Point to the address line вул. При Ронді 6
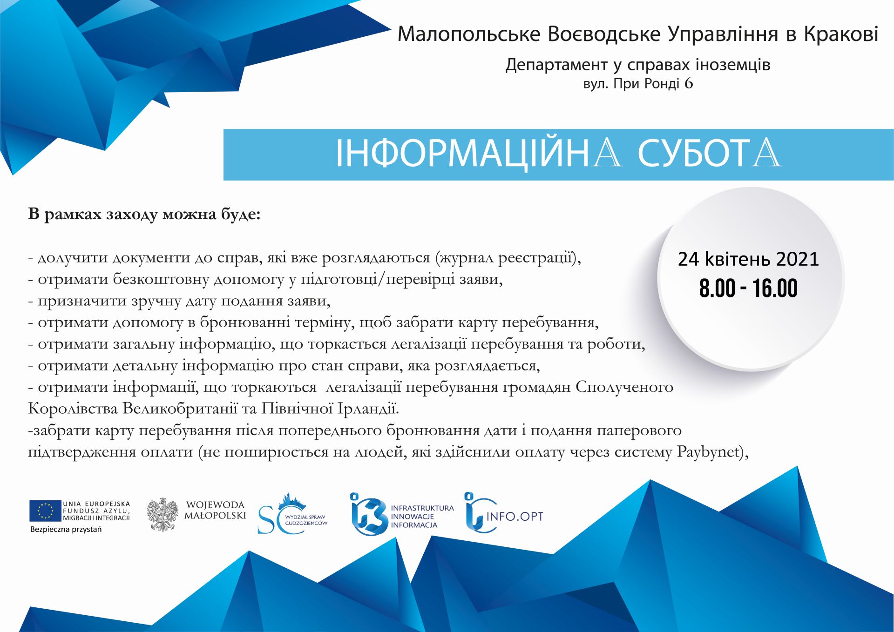click(638, 84)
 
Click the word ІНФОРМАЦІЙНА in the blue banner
click(479, 153)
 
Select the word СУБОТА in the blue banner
click(709, 153)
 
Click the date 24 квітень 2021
click(748, 259)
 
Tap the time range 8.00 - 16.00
click(748, 288)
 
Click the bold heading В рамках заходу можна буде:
click(144, 215)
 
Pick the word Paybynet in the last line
click(708, 452)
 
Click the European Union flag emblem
click(45, 511)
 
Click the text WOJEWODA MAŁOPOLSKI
click(215, 510)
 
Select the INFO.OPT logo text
click(515, 516)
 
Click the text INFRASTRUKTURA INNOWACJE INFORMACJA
click(422, 517)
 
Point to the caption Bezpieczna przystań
click(66, 530)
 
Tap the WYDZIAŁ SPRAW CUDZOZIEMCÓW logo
click(293, 514)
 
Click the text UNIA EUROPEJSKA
click(96, 504)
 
